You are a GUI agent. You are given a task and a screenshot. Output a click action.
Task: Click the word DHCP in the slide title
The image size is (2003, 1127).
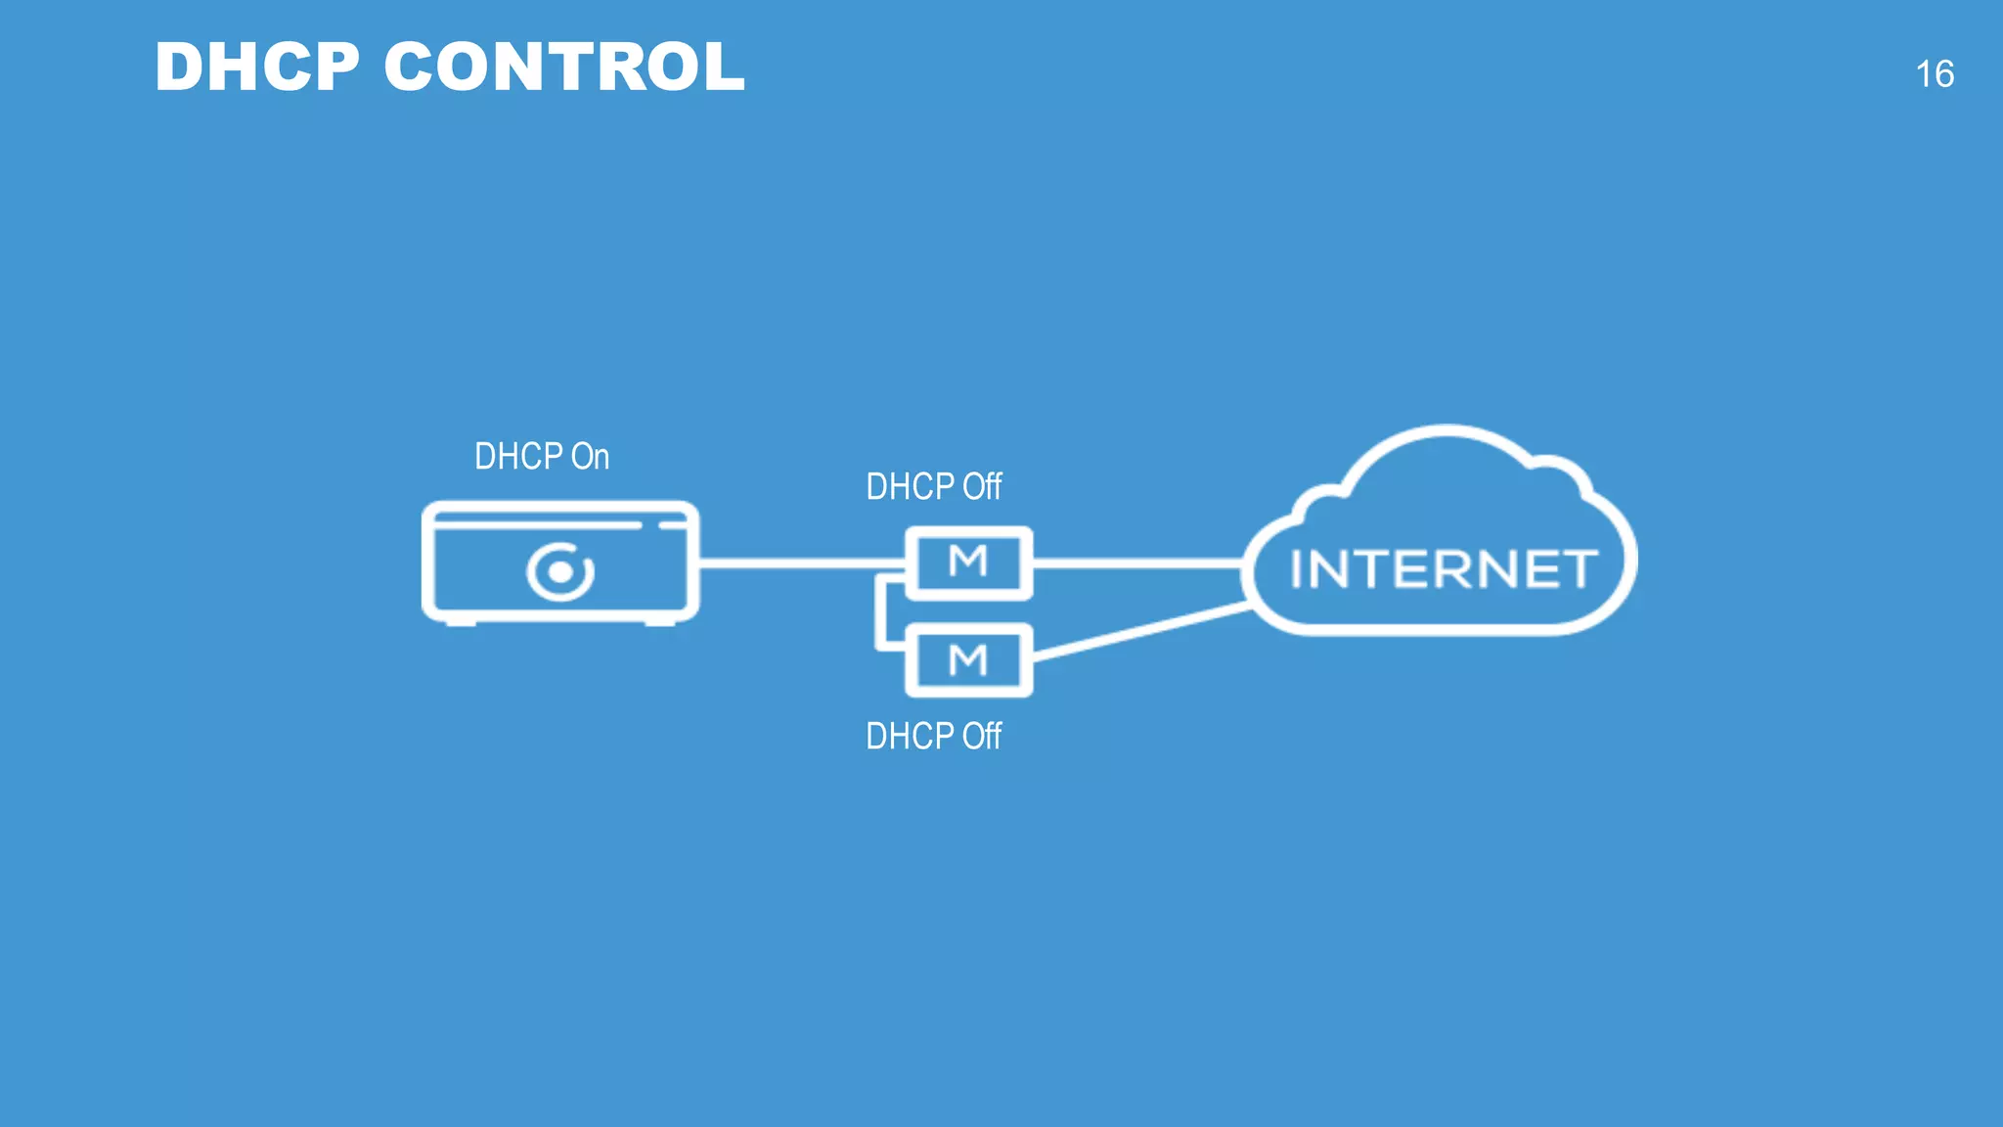(x=257, y=68)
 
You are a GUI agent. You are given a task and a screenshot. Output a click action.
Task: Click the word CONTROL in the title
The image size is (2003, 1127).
(x=564, y=68)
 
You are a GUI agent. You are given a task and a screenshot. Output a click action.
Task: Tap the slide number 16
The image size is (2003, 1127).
(x=1934, y=74)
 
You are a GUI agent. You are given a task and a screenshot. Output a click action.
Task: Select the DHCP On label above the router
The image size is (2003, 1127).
(x=541, y=457)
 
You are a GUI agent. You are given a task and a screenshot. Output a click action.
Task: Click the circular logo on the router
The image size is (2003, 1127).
(x=559, y=571)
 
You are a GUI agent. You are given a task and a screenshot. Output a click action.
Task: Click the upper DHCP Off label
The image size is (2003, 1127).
(x=933, y=487)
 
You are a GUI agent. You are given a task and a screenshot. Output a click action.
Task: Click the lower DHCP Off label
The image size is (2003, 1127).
(x=933, y=737)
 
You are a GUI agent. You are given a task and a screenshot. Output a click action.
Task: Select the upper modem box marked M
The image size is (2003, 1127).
(x=968, y=563)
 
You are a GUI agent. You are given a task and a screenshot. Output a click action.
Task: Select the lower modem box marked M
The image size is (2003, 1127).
(x=968, y=660)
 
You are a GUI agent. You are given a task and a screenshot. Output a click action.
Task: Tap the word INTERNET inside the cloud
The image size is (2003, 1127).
(x=1443, y=569)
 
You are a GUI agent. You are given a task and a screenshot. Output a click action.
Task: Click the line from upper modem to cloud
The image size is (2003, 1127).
(x=1135, y=563)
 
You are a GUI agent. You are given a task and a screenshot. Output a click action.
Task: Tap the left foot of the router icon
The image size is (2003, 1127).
(x=461, y=622)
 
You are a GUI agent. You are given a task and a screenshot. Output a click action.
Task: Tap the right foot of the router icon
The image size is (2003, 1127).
(x=659, y=622)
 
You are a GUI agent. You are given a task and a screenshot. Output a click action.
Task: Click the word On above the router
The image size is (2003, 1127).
(x=590, y=457)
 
